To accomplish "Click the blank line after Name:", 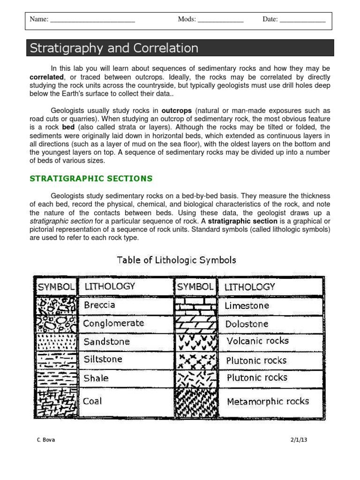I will [92, 20].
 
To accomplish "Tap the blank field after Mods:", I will [220, 20].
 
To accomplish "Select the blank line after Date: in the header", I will [302, 20].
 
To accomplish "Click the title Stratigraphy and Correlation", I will [114, 48].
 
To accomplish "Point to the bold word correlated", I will [46, 77].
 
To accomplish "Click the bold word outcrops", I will [177, 111].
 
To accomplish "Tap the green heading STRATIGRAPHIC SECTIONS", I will [91, 178].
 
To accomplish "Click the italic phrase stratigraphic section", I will [61, 221].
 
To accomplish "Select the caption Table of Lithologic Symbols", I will [176, 260].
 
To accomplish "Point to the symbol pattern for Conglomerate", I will [55, 323].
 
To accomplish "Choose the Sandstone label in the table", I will [106, 342].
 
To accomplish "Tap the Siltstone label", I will [103, 360].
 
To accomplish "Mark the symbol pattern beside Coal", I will [55, 401].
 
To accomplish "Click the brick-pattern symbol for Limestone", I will [195, 306].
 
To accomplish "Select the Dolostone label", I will [247, 324].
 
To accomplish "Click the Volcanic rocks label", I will [257, 341].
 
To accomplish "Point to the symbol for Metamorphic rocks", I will [195, 401].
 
